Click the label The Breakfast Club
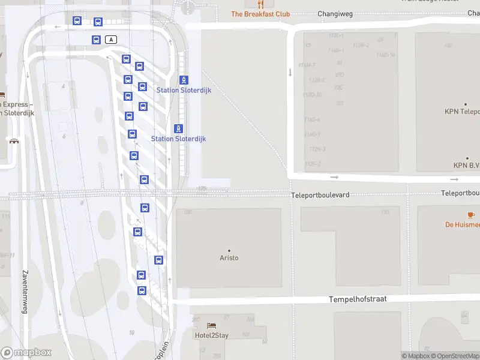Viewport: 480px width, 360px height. tap(260, 14)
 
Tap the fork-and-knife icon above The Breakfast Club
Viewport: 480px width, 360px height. tap(260, 3)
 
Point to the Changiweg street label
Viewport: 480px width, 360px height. tap(334, 13)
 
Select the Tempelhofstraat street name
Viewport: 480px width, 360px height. tap(357, 299)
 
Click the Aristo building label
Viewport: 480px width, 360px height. tap(229, 258)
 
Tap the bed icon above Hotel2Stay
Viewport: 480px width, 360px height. tap(211, 326)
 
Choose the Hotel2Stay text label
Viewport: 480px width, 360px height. tap(211, 335)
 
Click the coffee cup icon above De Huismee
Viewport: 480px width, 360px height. tap(471, 214)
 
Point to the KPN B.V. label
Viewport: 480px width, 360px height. tap(466, 165)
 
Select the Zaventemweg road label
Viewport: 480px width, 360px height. tap(25, 291)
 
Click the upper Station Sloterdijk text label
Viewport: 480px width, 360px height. tap(184, 90)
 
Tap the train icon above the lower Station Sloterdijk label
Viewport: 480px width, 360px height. tap(178, 128)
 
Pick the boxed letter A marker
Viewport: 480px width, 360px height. tap(111, 40)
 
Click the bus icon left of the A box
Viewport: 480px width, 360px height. tap(96, 40)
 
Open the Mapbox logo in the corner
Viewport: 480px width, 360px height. tap(26, 353)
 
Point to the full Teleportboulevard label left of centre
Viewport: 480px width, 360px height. tap(320, 195)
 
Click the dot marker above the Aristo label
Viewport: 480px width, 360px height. tap(229, 250)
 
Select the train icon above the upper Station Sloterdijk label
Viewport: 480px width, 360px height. tap(184, 80)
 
